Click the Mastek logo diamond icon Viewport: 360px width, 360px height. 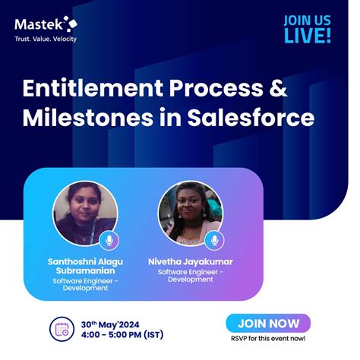pyautogui.click(x=70, y=23)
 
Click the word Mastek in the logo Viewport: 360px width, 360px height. pyautogui.click(x=39, y=25)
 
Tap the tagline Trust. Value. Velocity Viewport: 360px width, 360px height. pyautogui.click(x=46, y=39)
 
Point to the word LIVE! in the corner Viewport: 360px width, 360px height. pyautogui.click(x=308, y=36)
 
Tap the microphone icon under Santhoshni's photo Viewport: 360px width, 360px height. pyautogui.click(x=108, y=241)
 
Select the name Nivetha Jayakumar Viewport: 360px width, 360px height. pyautogui.click(x=191, y=262)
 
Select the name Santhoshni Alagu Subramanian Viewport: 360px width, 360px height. pyautogui.click(x=84, y=267)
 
